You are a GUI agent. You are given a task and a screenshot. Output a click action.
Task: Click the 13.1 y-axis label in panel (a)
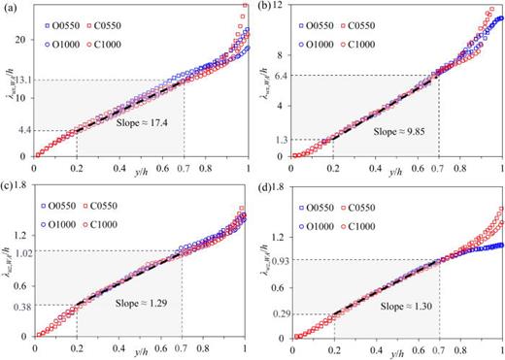[x=22, y=80]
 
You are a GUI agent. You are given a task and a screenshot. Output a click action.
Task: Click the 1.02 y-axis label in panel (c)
[x=21, y=253]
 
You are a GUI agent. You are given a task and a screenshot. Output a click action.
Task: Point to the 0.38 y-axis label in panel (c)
[x=21, y=307]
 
